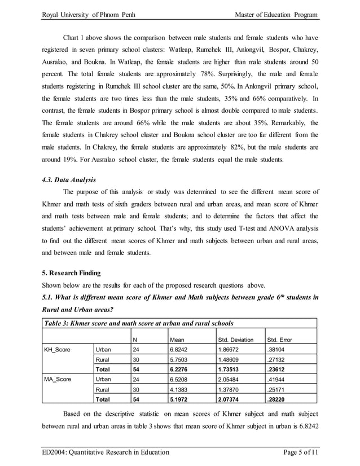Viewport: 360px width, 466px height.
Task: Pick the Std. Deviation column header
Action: pos(236,340)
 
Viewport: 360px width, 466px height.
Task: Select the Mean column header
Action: pos(177,340)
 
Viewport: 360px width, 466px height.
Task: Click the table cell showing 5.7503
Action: pos(180,359)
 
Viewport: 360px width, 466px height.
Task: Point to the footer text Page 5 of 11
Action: pos(297,452)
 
